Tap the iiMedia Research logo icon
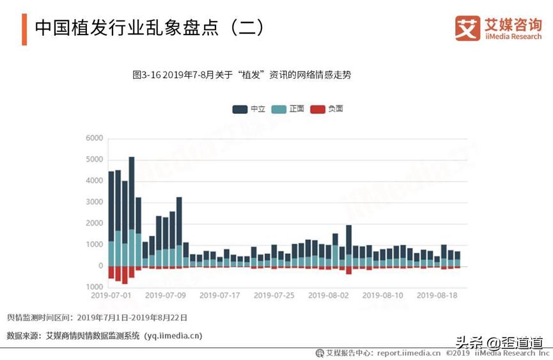467,29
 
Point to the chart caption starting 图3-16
241,75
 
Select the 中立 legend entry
249,109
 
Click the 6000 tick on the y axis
94,138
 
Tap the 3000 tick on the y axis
94,202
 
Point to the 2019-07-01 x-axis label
111,295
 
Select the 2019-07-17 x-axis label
220,295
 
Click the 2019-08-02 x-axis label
329,295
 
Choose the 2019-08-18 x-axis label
437,295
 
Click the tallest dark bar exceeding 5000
132,192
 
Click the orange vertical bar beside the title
24,29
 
